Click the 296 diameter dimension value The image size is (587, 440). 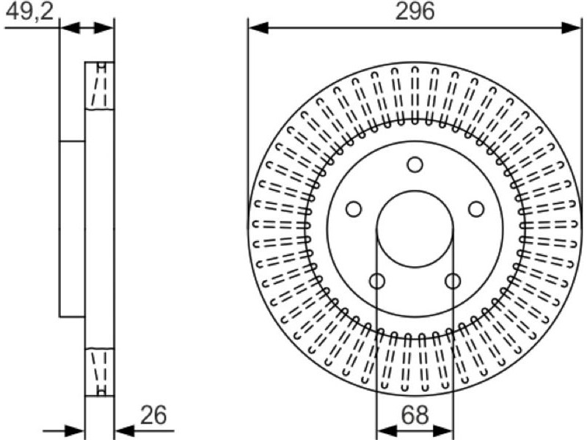[x=415, y=11]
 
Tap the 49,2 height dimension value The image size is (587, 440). [x=30, y=11]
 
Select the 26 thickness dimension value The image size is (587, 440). [x=153, y=415]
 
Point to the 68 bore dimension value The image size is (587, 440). [x=415, y=415]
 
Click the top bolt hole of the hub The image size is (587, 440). [x=415, y=164]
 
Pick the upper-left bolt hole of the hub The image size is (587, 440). [x=354, y=209]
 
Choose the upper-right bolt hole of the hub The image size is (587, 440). [x=476, y=209]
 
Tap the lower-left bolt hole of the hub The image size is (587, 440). [x=377, y=281]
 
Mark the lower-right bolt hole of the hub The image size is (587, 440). [x=453, y=281]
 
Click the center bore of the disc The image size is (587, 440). [x=415, y=229]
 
